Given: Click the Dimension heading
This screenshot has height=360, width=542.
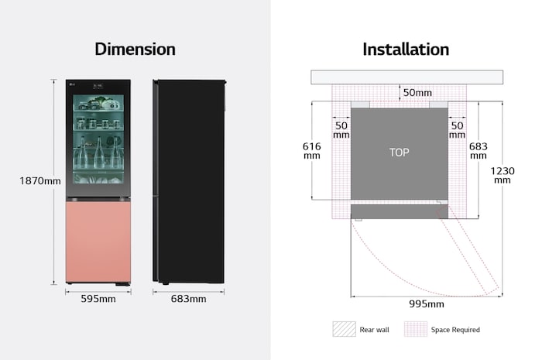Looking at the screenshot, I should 135,50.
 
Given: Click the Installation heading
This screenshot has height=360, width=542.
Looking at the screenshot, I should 406,50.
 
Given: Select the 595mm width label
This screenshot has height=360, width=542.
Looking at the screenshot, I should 98,299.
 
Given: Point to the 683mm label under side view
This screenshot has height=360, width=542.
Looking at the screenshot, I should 188,299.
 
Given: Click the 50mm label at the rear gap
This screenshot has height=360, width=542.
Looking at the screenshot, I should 418,94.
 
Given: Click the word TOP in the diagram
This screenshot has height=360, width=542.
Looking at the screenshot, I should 399,153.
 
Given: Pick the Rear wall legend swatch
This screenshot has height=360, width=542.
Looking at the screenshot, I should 343,329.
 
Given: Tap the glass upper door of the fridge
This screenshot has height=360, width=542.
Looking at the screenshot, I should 98,135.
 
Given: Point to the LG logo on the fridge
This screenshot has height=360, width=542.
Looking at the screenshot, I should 72,85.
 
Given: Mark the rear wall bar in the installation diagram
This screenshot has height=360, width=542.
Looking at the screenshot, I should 406,77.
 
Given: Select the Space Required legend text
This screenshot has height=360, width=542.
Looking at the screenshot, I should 455,330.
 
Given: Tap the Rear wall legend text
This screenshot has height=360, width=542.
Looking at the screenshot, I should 375,330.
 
